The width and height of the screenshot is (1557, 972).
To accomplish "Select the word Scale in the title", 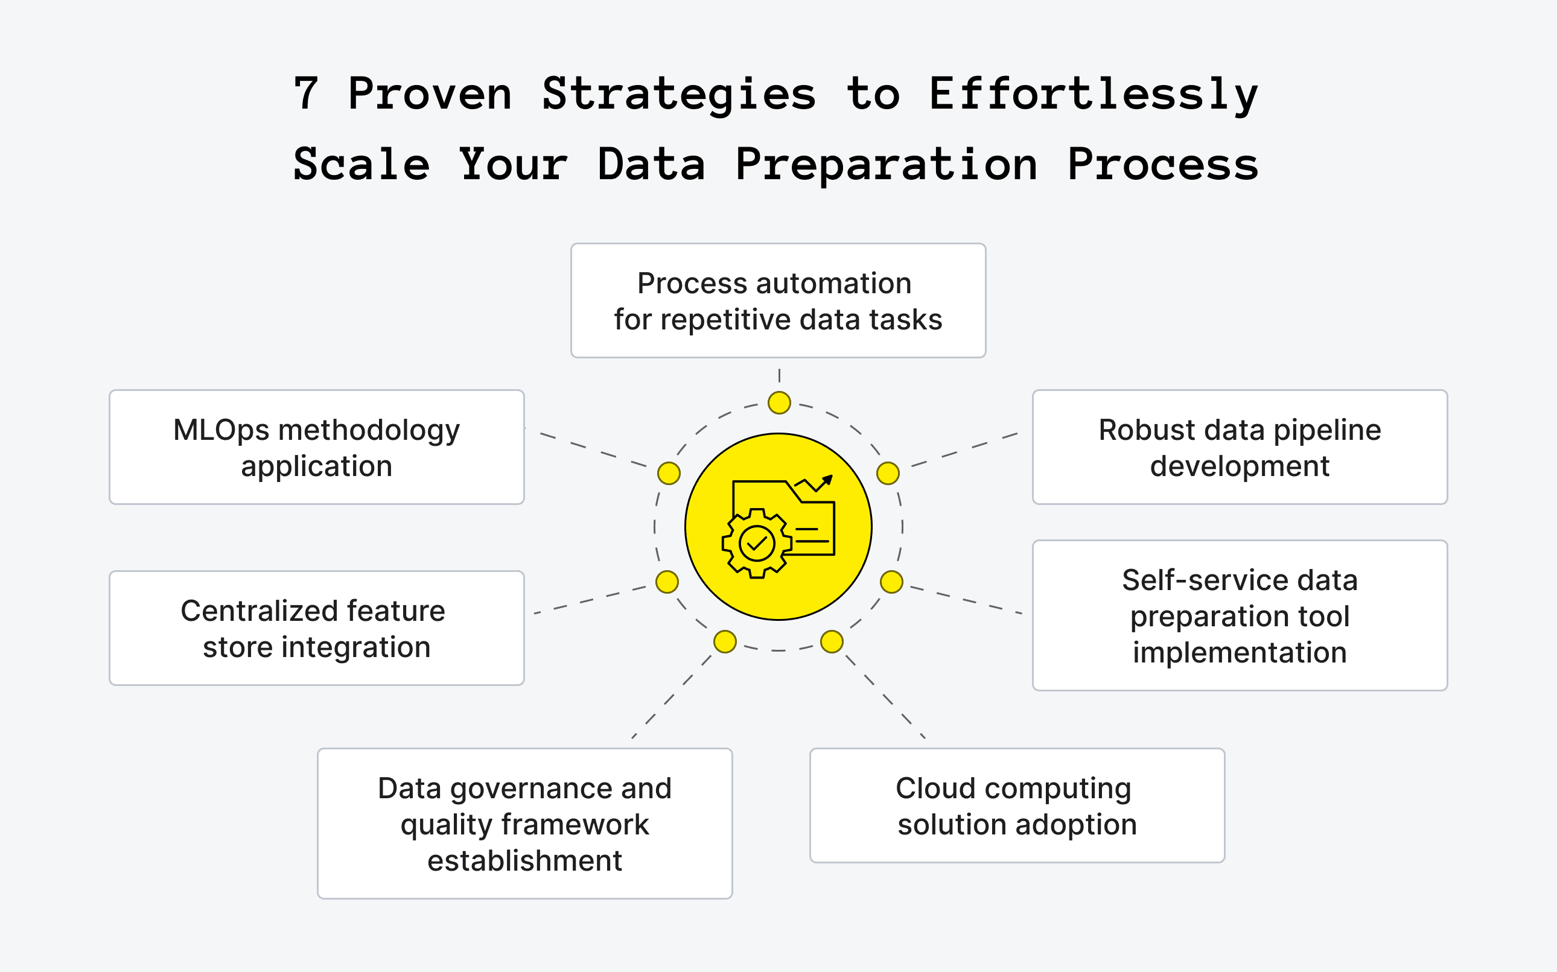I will tap(361, 165).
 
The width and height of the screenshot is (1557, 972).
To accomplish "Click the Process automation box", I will tap(778, 300).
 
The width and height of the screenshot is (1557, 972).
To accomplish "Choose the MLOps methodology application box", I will tap(316, 447).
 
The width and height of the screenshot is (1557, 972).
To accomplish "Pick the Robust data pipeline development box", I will tap(1240, 447).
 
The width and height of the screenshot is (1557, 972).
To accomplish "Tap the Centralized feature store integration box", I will tap(316, 628).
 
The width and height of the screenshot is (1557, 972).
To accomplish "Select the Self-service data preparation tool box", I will tap(1240, 615).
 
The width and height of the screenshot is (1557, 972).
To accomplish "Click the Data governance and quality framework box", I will tap(524, 823).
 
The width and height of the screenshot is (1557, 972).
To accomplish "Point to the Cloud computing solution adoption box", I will tap(1017, 805).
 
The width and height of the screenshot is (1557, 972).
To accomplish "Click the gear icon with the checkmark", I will tap(757, 544).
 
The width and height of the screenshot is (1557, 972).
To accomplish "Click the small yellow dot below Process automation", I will tap(779, 403).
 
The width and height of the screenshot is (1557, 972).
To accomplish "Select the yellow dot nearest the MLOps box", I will tap(669, 473).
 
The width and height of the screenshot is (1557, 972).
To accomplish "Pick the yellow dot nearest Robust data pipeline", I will tap(888, 473).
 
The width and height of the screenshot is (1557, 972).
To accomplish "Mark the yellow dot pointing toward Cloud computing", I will tap(832, 641).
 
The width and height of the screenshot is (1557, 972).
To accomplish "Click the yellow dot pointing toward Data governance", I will tap(725, 641).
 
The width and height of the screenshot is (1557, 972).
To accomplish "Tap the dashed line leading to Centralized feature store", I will tap(591, 600).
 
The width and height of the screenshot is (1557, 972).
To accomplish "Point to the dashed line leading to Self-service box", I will tap(964, 600).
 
